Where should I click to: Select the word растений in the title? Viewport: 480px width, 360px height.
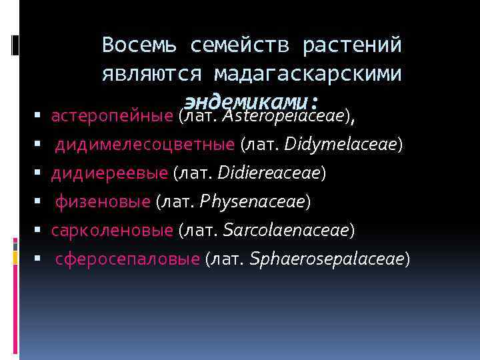pos(352,45)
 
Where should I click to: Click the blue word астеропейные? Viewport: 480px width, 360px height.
pos(113,116)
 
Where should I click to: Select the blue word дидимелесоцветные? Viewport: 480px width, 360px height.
pos(145,145)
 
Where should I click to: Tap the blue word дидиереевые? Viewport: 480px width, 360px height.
pos(110,173)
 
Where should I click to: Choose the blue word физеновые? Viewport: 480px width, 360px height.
pos(103,201)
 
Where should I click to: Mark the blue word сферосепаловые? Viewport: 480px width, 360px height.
pos(127,259)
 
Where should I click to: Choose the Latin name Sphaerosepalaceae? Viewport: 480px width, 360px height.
pos(327,259)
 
